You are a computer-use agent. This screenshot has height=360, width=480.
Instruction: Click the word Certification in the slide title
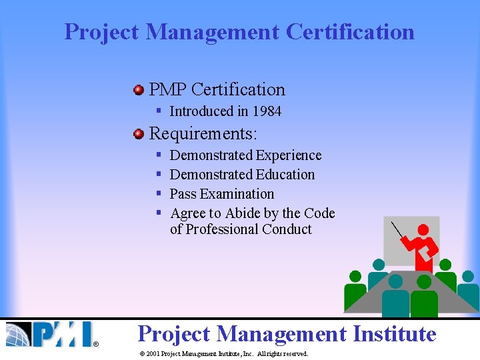tap(350, 31)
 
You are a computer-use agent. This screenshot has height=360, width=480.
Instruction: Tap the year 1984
tap(267, 111)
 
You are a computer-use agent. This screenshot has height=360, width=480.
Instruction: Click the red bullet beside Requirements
tap(139, 134)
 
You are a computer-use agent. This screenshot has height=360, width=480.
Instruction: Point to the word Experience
tap(289, 155)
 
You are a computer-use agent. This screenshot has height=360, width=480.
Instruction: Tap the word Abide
tap(243, 213)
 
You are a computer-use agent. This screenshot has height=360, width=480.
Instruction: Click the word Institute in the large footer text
tap(394, 333)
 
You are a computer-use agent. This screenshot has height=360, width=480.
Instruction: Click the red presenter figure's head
tap(421, 231)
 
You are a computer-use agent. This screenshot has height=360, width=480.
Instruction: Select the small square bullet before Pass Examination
tap(159, 194)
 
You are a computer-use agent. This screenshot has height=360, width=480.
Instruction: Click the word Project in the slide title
tap(102, 31)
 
